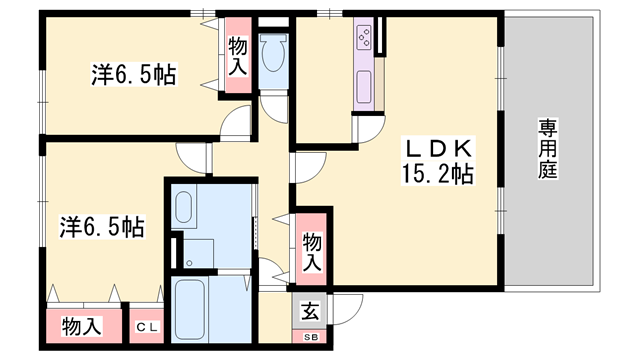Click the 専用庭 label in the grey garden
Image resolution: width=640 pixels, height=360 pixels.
click(x=547, y=149)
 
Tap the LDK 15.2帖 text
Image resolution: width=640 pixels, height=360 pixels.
click(x=437, y=160)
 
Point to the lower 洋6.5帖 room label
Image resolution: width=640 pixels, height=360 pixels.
click(x=98, y=227)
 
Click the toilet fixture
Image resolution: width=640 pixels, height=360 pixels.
click(x=271, y=52)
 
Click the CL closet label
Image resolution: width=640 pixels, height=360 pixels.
click(x=146, y=326)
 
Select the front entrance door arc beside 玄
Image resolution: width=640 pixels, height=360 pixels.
click(x=344, y=310)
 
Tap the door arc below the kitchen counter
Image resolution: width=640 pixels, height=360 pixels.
click(x=369, y=130)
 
